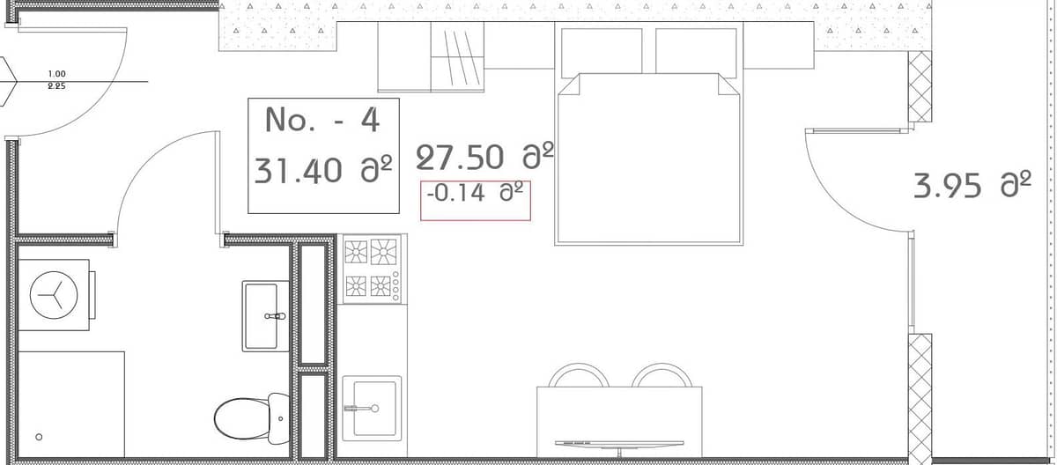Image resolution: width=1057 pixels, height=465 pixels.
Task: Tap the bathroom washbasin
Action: click(266, 314)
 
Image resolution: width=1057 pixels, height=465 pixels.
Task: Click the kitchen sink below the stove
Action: click(372, 406)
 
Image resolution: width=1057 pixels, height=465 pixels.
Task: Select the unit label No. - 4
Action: click(322, 120)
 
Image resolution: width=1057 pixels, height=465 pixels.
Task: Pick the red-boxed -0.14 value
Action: click(476, 192)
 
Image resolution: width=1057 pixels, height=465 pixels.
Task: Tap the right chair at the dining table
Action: click(662, 376)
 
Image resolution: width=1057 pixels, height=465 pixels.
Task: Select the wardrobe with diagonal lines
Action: click(457, 56)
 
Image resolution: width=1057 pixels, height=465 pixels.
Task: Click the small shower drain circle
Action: click(38, 437)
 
